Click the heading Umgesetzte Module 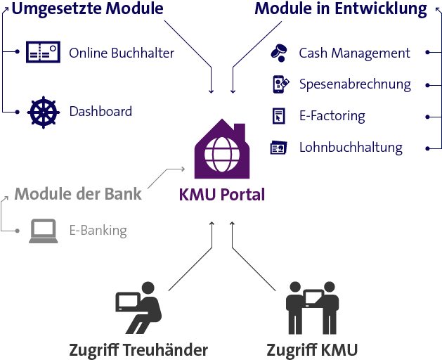pyautogui.click(x=87, y=9)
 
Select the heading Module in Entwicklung pyautogui.click(x=341, y=9)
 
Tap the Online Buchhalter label pyautogui.click(x=122, y=53)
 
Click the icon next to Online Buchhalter pyautogui.click(x=42, y=52)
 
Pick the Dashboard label pyautogui.click(x=100, y=111)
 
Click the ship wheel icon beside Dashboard pyautogui.click(x=42, y=112)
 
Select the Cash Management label pyautogui.click(x=354, y=53)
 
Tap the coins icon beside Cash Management pyautogui.click(x=279, y=53)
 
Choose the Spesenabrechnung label pyautogui.click(x=355, y=84)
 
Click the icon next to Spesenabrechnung pyautogui.click(x=280, y=84)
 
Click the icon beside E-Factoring pyautogui.click(x=279, y=116)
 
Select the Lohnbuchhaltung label pyautogui.click(x=351, y=148)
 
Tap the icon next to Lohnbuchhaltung pyautogui.click(x=279, y=148)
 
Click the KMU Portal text pyautogui.click(x=221, y=195)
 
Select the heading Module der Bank pyautogui.click(x=78, y=194)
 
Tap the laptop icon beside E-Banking pyautogui.click(x=43, y=231)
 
